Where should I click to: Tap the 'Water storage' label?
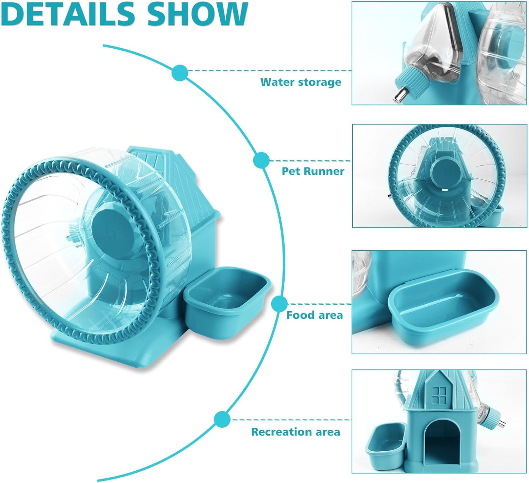[300, 82]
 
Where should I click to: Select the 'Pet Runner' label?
[313, 171]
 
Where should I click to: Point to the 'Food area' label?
[315, 315]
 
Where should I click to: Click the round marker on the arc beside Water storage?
[180, 73]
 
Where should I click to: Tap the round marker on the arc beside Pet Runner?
[261, 160]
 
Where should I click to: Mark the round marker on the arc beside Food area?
[279, 304]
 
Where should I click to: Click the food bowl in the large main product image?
[227, 302]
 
